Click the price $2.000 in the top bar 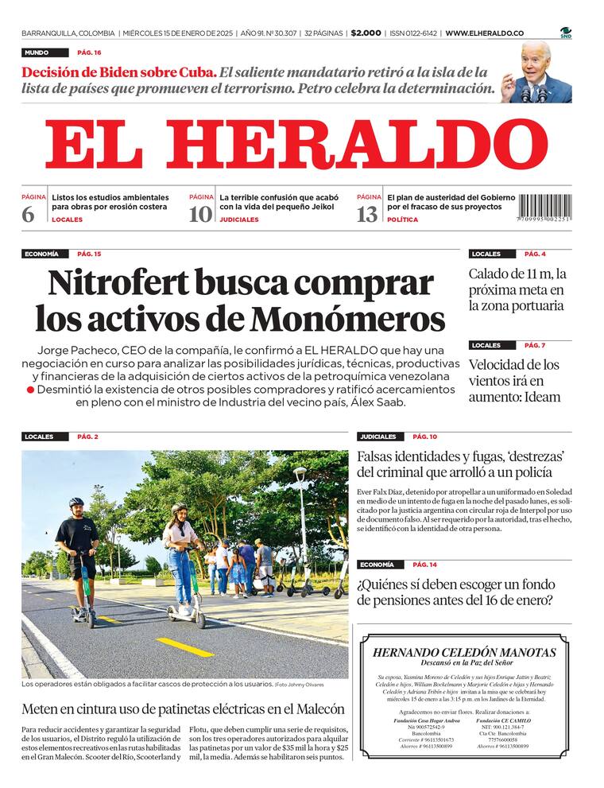coord(366,33)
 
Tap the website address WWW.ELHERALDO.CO coord(484,33)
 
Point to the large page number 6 coord(28,214)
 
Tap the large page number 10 coord(200,214)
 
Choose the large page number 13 coord(367,214)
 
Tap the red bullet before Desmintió coord(30,390)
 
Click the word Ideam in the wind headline coord(540,397)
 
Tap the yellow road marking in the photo coord(184,646)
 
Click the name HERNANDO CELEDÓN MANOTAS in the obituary coord(464,652)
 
